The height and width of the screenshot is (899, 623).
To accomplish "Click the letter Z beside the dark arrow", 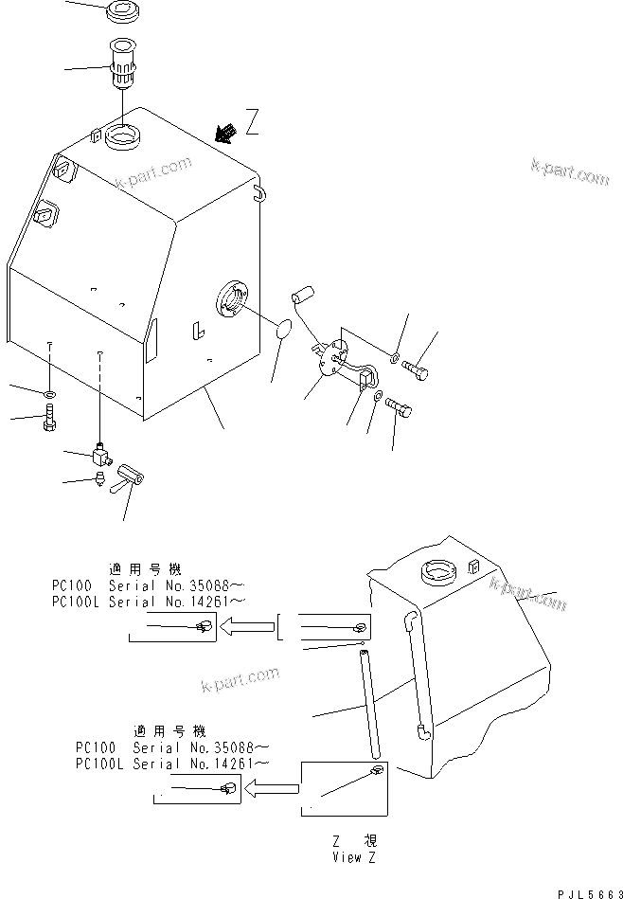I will point(251,122).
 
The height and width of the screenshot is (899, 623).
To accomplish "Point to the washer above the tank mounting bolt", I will point(49,391).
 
